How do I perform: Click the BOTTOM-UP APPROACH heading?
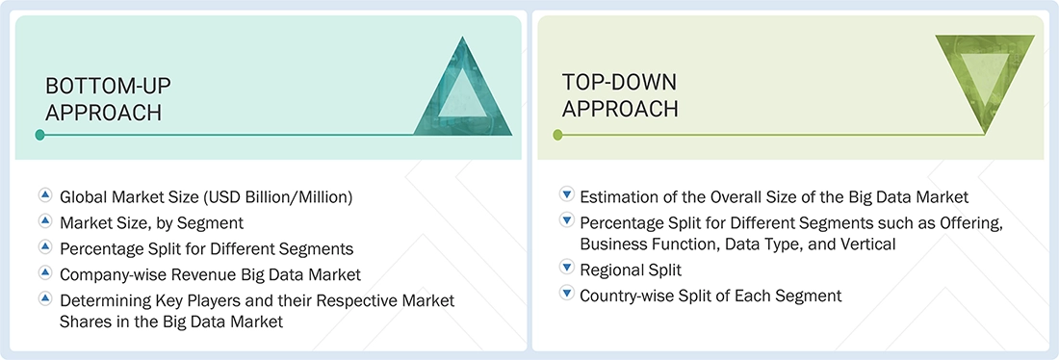[103, 99]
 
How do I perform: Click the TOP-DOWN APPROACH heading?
[621, 95]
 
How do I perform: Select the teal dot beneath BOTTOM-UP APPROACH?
[39, 135]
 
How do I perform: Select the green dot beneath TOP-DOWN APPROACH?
[557, 135]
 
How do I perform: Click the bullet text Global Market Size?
[206, 197]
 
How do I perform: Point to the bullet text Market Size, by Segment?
[151, 223]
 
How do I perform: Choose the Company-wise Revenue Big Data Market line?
[210, 274]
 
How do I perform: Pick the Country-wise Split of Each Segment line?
[710, 296]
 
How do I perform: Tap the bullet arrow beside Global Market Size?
[44, 195]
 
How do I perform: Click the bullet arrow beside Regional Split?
[566, 270]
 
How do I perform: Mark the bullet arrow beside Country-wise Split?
[566, 295]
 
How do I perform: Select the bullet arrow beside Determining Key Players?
[44, 299]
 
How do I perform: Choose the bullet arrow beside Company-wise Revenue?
[44, 273]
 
